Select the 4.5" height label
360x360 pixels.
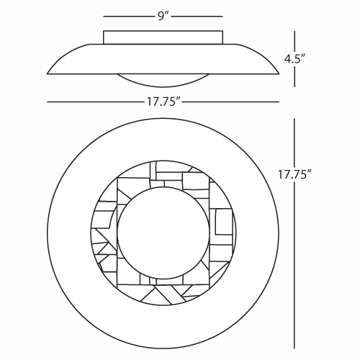pyautogui.click(x=295, y=58)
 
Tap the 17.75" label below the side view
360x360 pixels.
pyautogui.click(x=163, y=102)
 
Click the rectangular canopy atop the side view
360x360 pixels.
pyautogui.click(x=163, y=37)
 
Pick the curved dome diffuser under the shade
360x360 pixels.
pyautogui.click(x=163, y=81)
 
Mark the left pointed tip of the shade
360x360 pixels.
pyautogui.click(x=48, y=73)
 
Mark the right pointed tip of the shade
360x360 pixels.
pyautogui.click(x=279, y=73)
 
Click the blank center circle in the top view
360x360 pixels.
pyautogui.click(x=163, y=233)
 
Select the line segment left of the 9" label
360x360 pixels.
pyautogui.click(x=130, y=17)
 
